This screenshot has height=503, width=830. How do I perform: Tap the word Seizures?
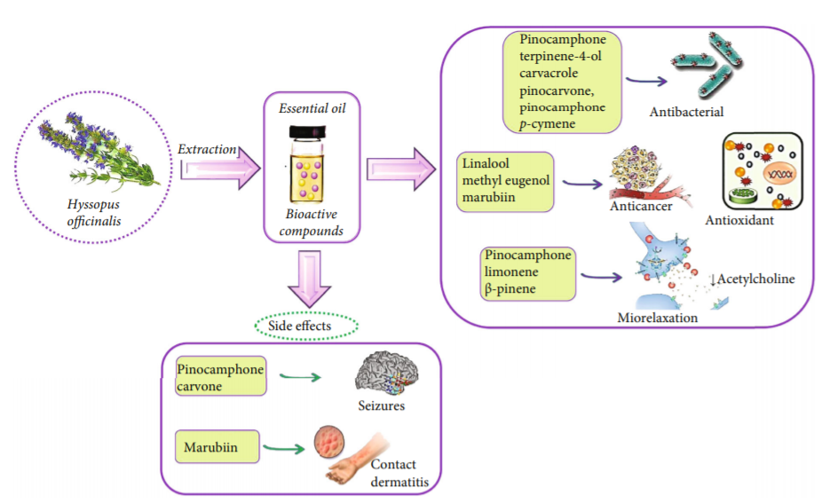coord(382,406)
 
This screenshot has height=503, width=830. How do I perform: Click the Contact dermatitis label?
coord(393,472)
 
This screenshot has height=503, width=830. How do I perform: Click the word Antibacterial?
coord(686,112)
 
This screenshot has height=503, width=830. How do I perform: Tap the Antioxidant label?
coord(742,220)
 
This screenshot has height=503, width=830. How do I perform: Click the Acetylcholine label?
coord(753,279)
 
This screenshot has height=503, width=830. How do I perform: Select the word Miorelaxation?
coord(659,316)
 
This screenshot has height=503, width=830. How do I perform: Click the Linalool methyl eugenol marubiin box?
coord(507,182)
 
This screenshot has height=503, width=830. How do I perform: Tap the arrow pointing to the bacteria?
coord(646,83)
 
